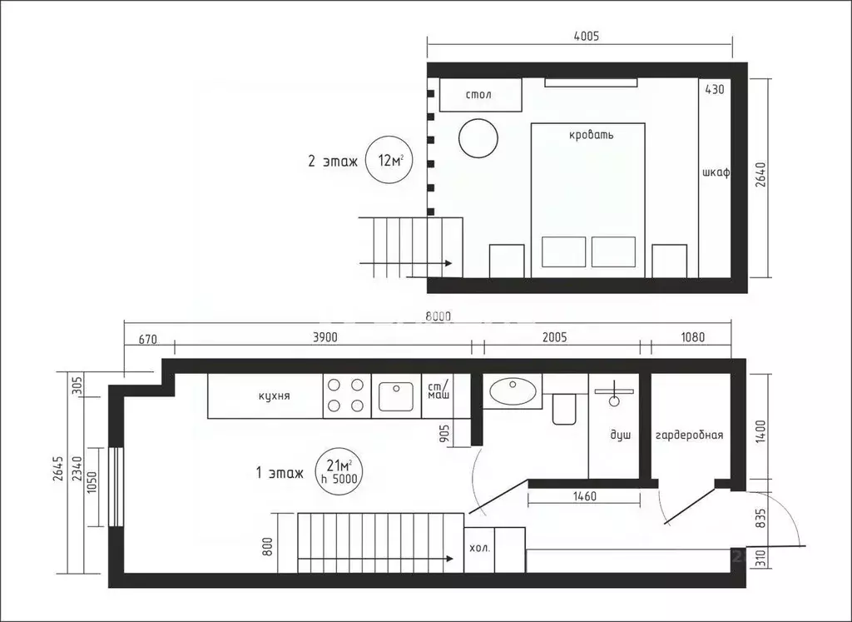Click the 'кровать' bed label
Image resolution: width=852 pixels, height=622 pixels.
coord(592,134)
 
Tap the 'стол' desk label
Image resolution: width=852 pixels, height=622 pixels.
coord(478,95)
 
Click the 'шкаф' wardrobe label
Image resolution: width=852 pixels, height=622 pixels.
coord(716,173)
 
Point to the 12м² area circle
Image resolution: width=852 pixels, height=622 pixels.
coord(390,161)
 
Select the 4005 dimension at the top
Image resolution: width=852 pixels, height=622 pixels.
coord(586,36)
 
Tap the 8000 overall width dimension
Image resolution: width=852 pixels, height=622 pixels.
coord(438,316)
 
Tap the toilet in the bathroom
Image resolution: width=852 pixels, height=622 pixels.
coord(564,408)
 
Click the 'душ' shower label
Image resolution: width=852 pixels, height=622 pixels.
coord(621,435)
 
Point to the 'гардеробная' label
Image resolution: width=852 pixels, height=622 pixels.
coord(689,435)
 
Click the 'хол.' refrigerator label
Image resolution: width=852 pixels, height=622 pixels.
coord(480,550)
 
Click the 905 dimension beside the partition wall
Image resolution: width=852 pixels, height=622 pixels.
coord(445,432)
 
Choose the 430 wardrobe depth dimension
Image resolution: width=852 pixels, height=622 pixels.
coord(715,89)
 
